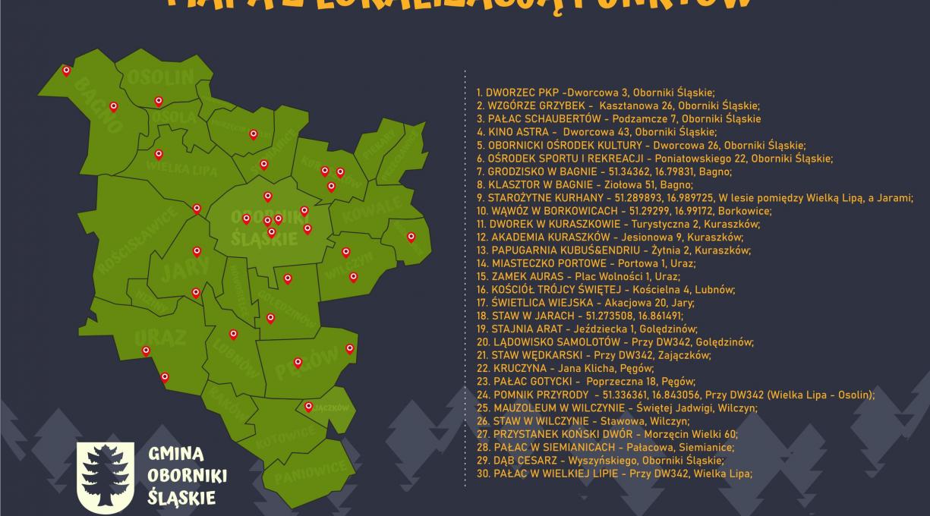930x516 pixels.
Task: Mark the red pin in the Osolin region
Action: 159,100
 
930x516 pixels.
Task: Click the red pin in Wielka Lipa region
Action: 159,154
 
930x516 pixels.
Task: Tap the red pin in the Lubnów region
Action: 233,333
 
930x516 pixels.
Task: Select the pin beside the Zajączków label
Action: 308,406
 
